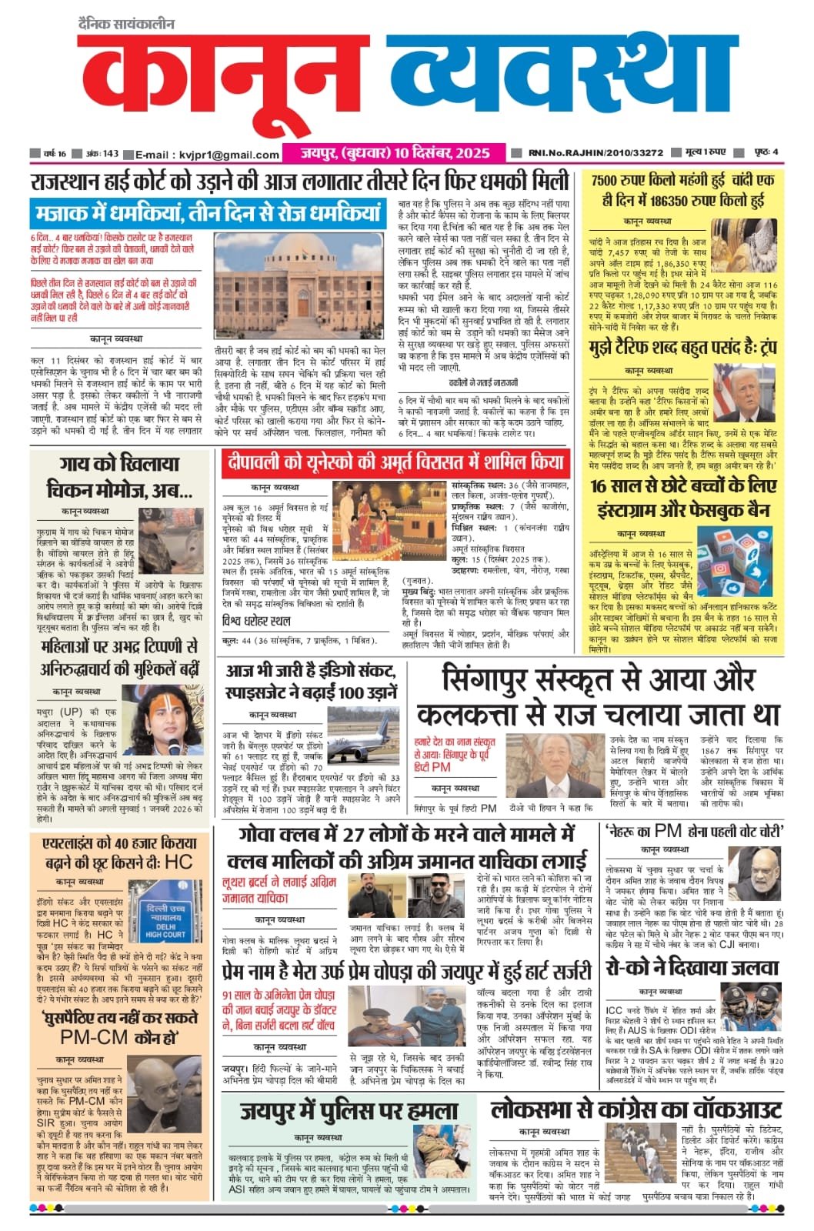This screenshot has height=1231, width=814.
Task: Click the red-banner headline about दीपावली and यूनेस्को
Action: (x=395, y=462)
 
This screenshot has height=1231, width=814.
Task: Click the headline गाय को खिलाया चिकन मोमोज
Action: (x=119, y=476)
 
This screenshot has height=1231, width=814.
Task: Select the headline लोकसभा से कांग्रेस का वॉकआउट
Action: (x=636, y=1109)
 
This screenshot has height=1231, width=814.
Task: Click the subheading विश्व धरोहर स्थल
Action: (x=256, y=621)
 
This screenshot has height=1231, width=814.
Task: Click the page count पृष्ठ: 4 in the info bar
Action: (x=766, y=152)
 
